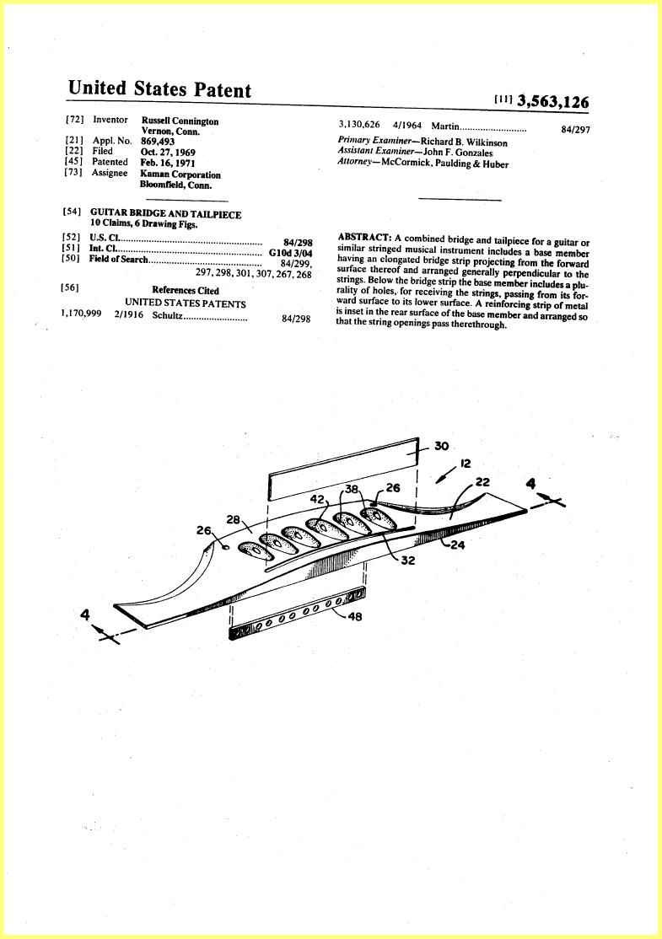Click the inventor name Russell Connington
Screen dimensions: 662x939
(x=180, y=121)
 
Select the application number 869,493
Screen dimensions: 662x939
(x=158, y=142)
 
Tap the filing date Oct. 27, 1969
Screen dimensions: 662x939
(x=168, y=152)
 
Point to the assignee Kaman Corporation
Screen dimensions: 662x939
(x=180, y=174)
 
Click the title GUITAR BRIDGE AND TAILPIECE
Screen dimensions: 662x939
(x=166, y=214)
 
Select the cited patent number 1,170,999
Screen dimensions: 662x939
(x=81, y=314)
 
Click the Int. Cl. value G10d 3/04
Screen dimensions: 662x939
(x=291, y=253)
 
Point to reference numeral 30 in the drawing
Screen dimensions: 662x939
(x=441, y=446)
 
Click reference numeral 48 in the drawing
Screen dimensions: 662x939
(x=355, y=616)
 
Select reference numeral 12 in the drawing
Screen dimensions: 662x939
(x=466, y=463)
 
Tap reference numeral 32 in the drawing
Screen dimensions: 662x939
(x=407, y=561)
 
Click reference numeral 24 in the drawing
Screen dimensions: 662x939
(x=457, y=545)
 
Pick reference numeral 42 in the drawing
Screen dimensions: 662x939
(x=317, y=498)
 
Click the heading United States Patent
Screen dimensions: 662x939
(x=159, y=89)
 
